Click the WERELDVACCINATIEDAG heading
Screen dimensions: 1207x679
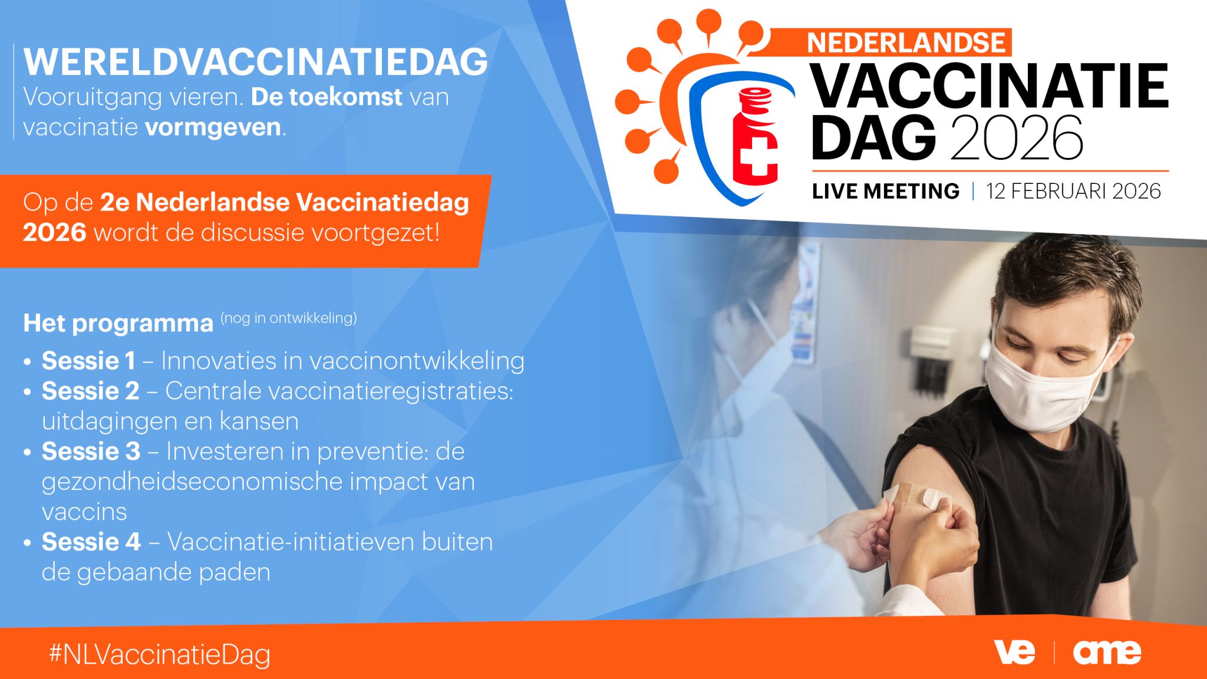(x=256, y=61)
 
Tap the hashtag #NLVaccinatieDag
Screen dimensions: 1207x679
(x=160, y=655)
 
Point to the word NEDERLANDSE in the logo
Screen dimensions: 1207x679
(x=906, y=42)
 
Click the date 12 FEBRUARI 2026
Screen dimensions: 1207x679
(x=1073, y=191)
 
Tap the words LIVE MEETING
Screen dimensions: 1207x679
(x=886, y=191)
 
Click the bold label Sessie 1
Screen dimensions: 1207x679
(x=88, y=361)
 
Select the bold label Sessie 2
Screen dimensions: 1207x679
(x=90, y=391)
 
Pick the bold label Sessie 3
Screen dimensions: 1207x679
(x=91, y=451)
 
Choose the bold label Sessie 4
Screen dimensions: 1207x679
(x=91, y=542)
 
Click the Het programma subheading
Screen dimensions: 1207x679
(x=118, y=324)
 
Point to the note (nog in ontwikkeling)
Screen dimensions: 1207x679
(x=289, y=318)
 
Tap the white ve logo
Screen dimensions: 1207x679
(x=1014, y=652)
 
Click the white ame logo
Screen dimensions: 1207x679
(x=1107, y=652)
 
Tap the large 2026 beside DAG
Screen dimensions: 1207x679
(x=1017, y=138)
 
